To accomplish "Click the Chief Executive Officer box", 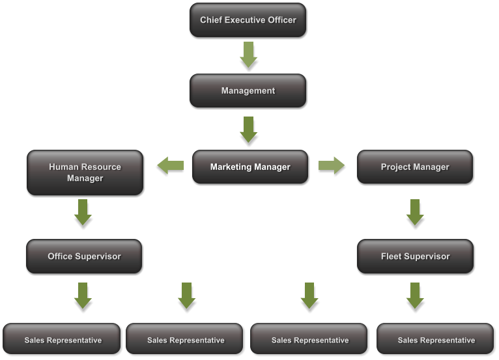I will pos(248,20).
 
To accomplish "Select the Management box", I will pos(248,90).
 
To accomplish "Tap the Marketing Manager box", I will pos(249,167).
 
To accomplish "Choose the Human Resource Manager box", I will pos(85,173).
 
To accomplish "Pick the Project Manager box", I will pos(415,167).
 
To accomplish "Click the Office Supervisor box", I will pos(84,256).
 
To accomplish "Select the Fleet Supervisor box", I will pos(415,256).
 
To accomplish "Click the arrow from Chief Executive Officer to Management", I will pos(248,55).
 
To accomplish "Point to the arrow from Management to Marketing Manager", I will pos(248,129).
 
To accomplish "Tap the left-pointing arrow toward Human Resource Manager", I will pos(171,166).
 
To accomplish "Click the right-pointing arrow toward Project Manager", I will pos(332,165).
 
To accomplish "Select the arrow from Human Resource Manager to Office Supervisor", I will pos(83,212).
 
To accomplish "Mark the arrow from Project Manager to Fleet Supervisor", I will pos(415,212).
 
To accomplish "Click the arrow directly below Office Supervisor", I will pos(83,295).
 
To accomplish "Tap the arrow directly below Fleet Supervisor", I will pos(415,295).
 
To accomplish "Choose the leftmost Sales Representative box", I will pos(63,340).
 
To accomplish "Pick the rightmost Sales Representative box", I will pos(436,340).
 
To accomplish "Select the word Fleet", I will pos(392,256).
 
